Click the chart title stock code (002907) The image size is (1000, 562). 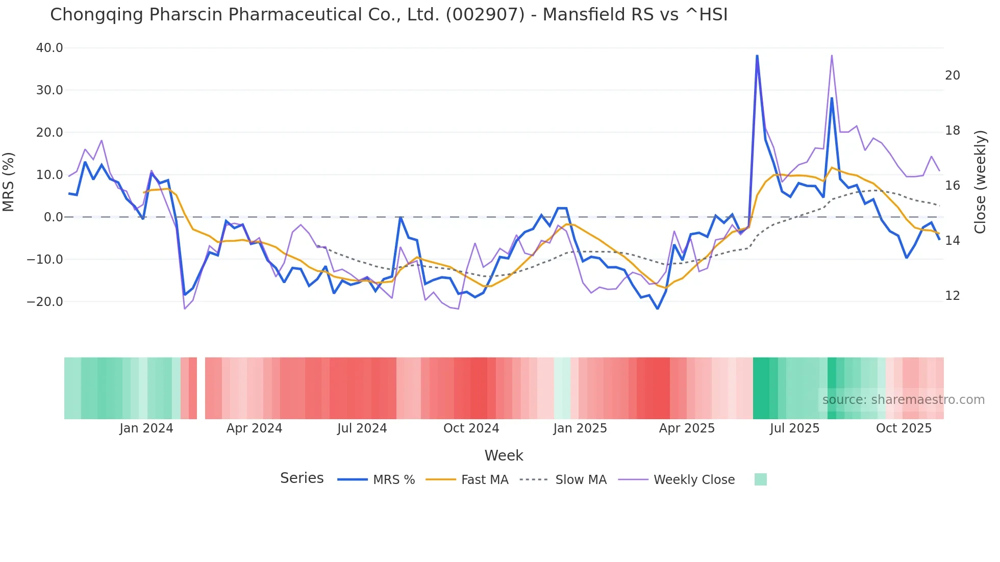[485, 15]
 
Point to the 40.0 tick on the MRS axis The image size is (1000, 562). [49, 48]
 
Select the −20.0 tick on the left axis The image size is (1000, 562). [45, 301]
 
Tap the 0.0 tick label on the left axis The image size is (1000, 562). [53, 217]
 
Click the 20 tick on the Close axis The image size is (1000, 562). [952, 75]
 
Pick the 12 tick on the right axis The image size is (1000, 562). [952, 296]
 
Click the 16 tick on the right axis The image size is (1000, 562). [952, 186]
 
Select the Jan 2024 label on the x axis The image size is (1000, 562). [146, 428]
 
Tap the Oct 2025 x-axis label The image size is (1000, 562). [904, 428]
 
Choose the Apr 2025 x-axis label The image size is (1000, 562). [687, 428]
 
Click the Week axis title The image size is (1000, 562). [504, 455]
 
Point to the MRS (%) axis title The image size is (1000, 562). [9, 182]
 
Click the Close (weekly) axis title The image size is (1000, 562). [980, 182]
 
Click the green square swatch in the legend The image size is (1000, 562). [760, 479]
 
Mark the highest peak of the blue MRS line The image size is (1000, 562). [757, 56]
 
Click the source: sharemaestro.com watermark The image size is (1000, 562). [903, 400]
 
